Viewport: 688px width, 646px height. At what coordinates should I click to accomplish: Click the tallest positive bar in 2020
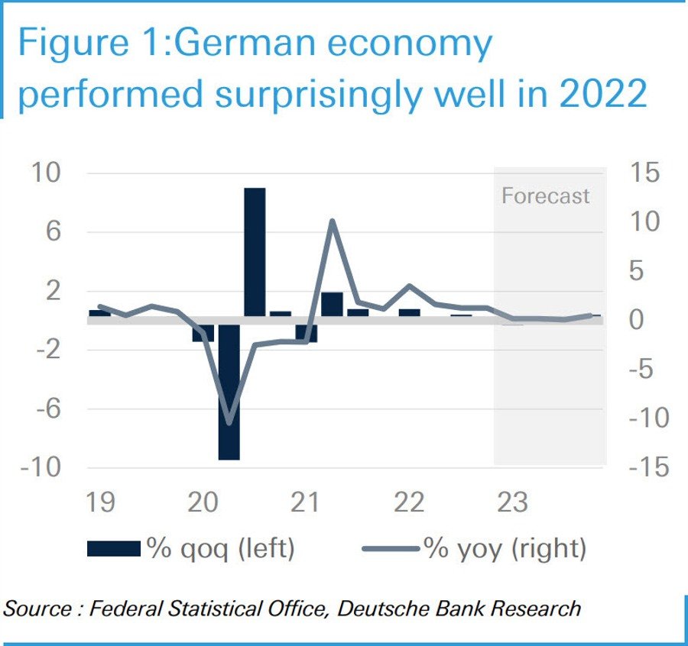point(255,252)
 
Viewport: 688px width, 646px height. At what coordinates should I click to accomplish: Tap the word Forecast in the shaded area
point(545,195)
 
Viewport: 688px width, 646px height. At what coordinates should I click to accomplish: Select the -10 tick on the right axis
point(643,418)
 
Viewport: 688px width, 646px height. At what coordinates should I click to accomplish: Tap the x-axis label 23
point(511,502)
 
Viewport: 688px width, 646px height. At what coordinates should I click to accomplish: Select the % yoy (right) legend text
point(504,548)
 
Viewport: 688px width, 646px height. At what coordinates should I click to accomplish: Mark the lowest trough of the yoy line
point(229,422)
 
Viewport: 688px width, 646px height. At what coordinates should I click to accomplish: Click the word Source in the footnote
point(37,609)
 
